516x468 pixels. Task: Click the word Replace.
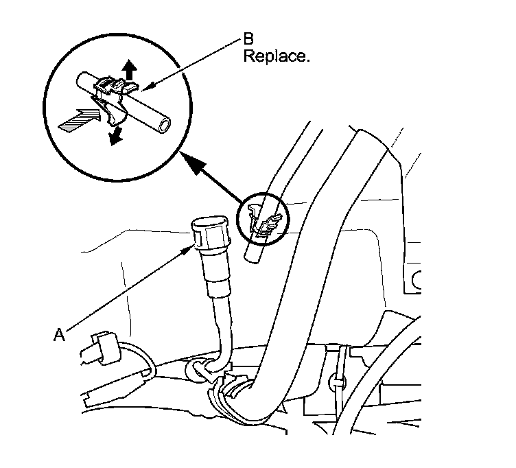pyautogui.click(x=277, y=56)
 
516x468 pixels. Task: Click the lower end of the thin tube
pyautogui.click(x=251, y=255)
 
